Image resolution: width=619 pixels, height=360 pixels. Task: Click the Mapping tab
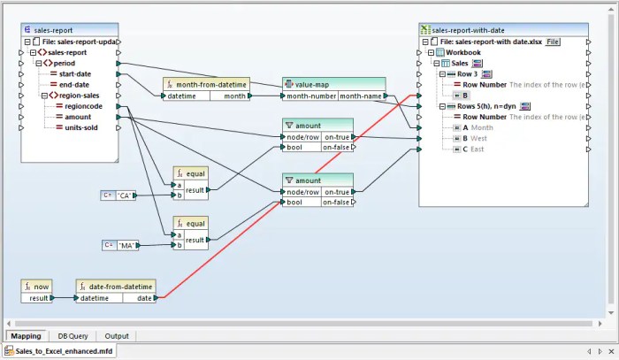click(27, 336)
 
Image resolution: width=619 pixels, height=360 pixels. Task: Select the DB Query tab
click(73, 336)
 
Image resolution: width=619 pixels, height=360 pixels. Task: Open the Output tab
click(117, 336)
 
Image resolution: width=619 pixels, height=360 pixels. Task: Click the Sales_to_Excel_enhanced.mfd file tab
click(58, 352)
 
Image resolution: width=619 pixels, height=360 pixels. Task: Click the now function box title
click(41, 286)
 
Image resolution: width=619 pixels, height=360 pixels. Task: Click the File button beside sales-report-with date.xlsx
click(553, 42)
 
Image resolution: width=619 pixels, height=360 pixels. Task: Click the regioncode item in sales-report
click(83, 106)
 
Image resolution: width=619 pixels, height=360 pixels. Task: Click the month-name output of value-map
click(361, 96)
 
